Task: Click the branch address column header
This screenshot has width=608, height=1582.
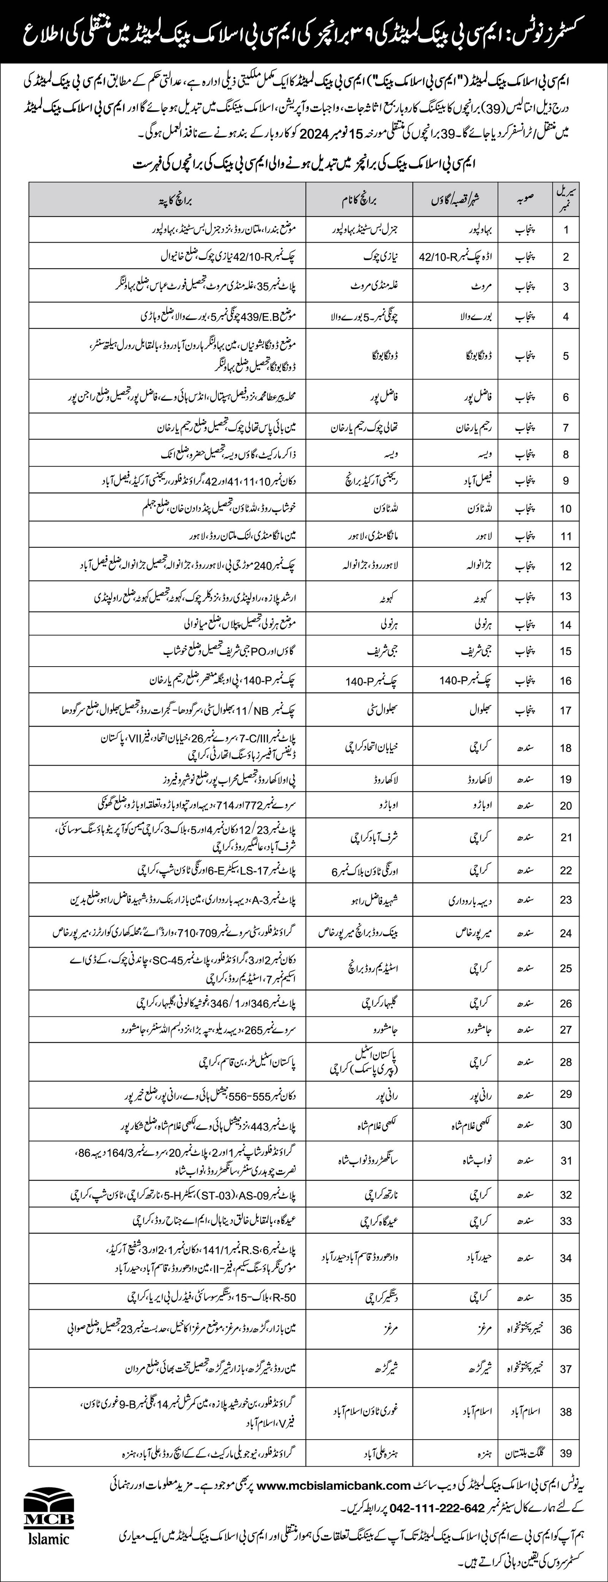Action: pyautogui.click(x=168, y=199)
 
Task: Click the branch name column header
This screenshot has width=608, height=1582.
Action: pyautogui.click(x=358, y=199)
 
